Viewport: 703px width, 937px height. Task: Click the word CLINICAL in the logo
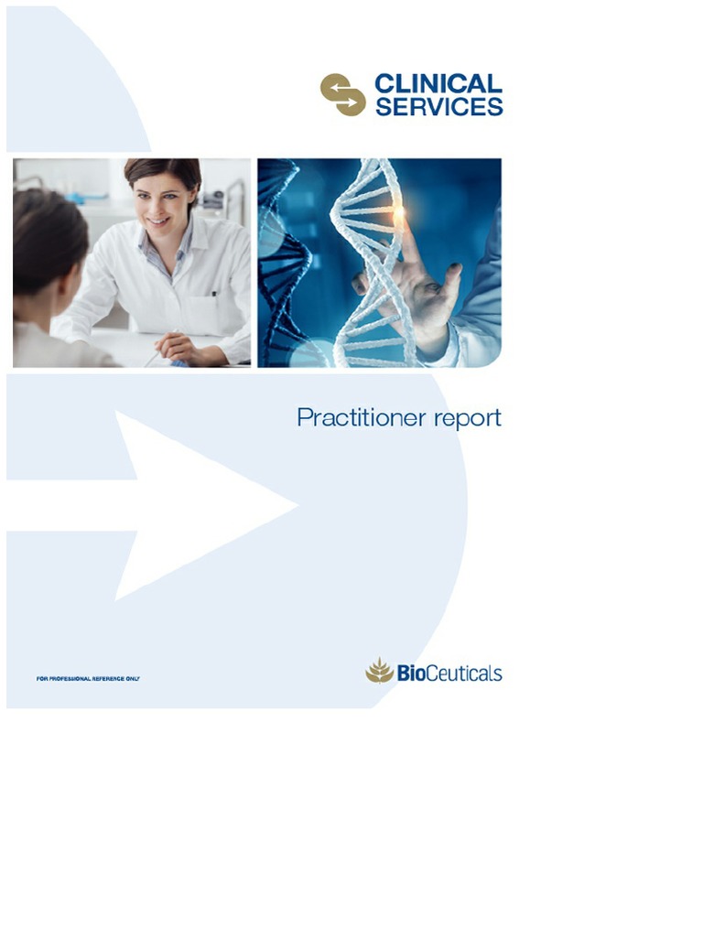pos(438,84)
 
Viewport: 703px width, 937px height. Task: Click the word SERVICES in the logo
pos(438,106)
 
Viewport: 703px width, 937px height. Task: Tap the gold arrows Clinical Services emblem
pos(342,95)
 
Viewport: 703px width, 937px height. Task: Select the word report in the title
pos(468,419)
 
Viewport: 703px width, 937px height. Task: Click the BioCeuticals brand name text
pos(449,673)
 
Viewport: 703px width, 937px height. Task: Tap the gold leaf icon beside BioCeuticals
pos(379,672)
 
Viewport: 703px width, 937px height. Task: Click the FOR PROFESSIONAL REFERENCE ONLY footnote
pos(88,679)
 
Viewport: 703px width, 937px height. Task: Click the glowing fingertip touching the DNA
pos(400,216)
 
